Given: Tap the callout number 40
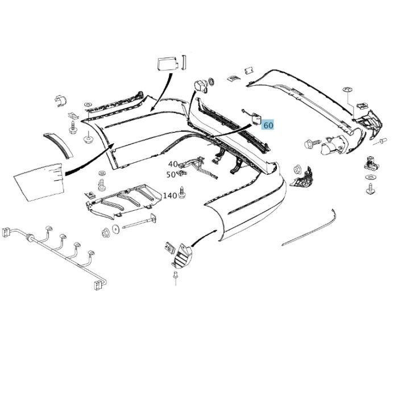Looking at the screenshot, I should (x=172, y=164).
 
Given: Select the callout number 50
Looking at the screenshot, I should (x=172, y=175).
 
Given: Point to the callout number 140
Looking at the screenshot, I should (x=169, y=196).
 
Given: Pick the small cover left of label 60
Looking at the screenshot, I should (x=256, y=119).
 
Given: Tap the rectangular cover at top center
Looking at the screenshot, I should (x=167, y=64).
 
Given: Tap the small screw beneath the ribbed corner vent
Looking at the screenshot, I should (x=176, y=278).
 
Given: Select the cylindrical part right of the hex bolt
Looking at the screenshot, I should (x=332, y=147).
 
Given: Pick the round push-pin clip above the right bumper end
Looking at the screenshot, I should (x=347, y=91).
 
